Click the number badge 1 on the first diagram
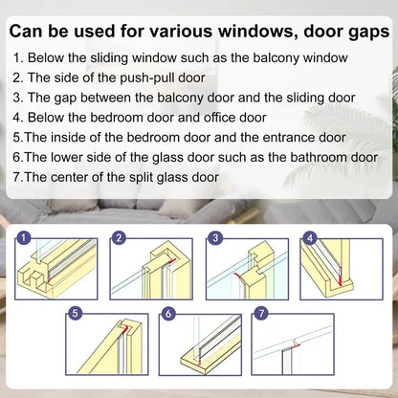(23, 237)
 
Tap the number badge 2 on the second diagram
(120, 237)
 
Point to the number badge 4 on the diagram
(309, 237)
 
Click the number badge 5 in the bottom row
(76, 313)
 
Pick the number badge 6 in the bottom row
(168, 313)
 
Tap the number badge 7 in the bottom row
(261, 313)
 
